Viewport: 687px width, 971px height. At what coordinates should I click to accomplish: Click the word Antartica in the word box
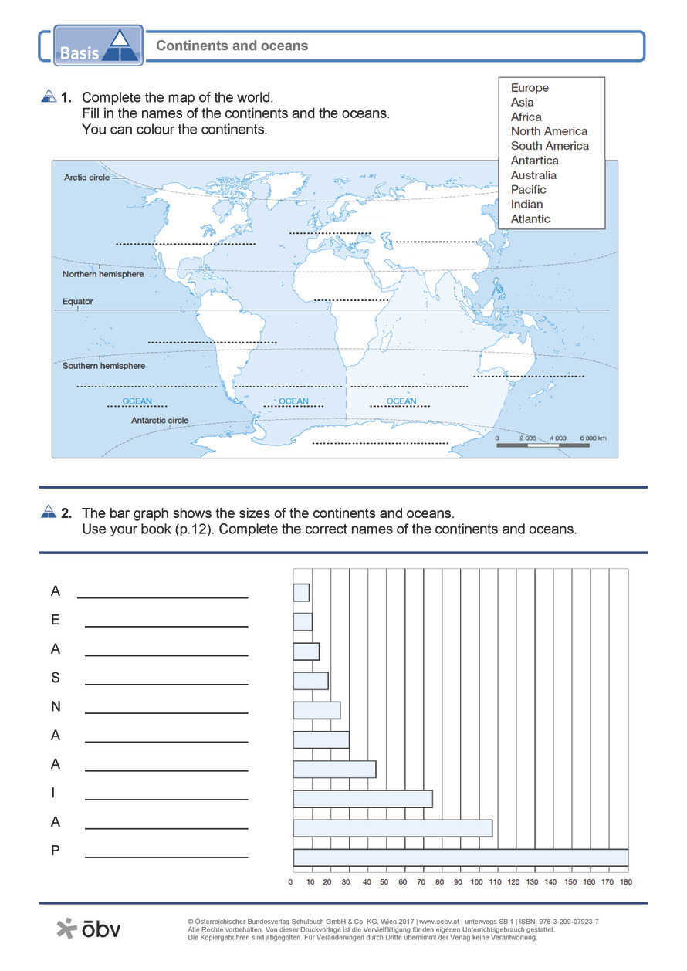click(x=534, y=161)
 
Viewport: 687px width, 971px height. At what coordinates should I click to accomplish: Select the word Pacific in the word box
click(x=528, y=190)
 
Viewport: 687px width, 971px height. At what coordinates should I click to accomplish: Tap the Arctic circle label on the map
click(x=86, y=178)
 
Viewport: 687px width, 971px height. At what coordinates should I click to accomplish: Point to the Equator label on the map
click(x=77, y=302)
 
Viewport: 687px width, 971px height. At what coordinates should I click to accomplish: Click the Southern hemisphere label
click(x=103, y=366)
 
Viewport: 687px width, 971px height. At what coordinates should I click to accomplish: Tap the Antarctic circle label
click(x=160, y=421)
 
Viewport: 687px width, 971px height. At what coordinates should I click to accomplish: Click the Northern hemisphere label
click(x=103, y=275)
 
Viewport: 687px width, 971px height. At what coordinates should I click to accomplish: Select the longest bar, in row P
click(x=460, y=857)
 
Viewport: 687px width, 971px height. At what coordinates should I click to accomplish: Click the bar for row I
click(x=363, y=799)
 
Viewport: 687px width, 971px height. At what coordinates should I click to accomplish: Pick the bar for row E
click(x=303, y=621)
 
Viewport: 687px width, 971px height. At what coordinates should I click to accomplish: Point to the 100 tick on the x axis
click(x=478, y=881)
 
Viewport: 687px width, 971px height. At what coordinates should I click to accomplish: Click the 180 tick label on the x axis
click(x=626, y=881)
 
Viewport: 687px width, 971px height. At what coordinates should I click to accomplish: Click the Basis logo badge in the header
click(x=99, y=46)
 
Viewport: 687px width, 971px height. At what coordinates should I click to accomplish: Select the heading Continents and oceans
click(x=232, y=46)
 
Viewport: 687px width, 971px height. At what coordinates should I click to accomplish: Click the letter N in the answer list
click(x=56, y=707)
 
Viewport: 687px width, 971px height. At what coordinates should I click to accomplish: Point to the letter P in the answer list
click(x=56, y=851)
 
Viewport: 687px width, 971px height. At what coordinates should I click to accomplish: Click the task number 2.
click(x=66, y=513)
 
